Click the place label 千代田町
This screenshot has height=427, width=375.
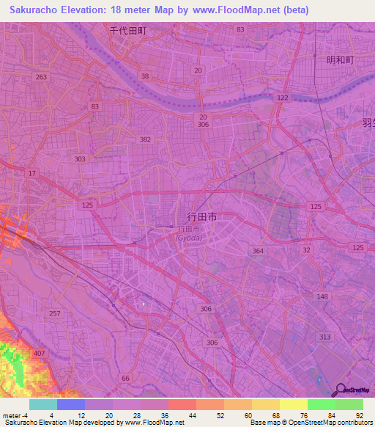point(128,32)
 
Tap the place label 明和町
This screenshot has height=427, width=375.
point(340,59)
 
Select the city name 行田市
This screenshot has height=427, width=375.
point(202,217)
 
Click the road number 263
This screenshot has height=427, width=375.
point(41,77)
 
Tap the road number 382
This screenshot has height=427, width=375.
point(146,139)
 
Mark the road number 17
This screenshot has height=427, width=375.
point(31,173)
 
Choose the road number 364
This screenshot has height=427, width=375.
point(258,252)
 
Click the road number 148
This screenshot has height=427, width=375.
point(323,296)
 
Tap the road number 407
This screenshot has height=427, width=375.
point(39,354)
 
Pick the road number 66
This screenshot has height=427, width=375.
point(126,378)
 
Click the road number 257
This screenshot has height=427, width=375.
point(54,313)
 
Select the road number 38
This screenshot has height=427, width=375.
point(145,76)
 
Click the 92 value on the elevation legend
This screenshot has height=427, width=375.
point(360,415)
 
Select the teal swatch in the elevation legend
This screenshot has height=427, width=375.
point(42,404)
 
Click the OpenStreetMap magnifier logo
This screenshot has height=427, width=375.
point(340,390)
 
